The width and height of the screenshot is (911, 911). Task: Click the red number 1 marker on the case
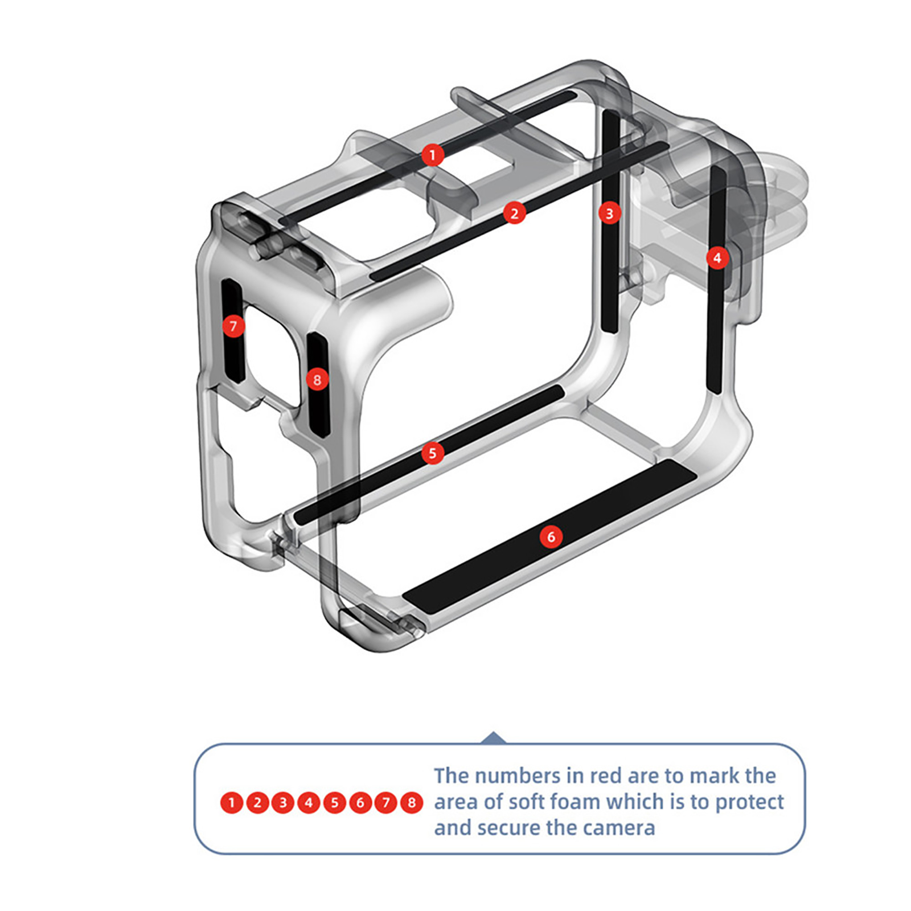433,155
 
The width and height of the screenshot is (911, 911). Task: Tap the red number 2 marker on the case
515,214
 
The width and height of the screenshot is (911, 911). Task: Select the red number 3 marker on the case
610,214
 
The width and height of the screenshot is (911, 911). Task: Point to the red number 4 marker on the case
717,258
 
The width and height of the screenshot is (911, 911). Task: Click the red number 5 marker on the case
433,453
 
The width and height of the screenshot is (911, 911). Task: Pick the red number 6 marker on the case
551,537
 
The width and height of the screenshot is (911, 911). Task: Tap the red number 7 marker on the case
233,326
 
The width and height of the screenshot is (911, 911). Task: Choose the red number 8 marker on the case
317,380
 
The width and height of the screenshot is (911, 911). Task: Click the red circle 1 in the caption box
232,803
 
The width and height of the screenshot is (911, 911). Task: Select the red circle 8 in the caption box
412,803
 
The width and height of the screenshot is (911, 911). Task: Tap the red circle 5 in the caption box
335,803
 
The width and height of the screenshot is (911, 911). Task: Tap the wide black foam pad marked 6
549,537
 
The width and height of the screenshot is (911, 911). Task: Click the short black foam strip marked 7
233,331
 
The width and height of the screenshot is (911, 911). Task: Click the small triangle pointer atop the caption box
494,738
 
